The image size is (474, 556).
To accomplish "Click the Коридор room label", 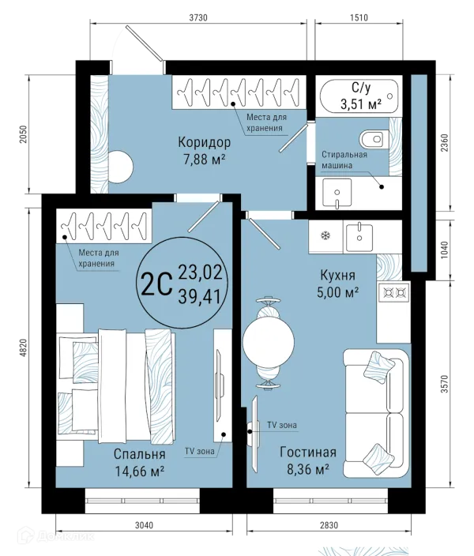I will tap(204, 143).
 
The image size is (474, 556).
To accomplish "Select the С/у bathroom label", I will tap(360, 87).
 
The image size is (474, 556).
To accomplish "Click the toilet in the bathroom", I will tap(372, 139).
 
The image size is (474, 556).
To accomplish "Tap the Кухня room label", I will tap(337, 276).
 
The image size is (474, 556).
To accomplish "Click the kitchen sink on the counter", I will tap(359, 234).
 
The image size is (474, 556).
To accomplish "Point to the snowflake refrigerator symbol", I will tap(324, 235).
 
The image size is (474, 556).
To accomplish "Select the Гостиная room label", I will tap(308, 453).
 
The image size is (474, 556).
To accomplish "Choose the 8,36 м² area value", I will tap(308, 469).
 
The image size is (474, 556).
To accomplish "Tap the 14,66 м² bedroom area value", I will tap(138, 472).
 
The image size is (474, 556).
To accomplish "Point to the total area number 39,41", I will tap(201, 297).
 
